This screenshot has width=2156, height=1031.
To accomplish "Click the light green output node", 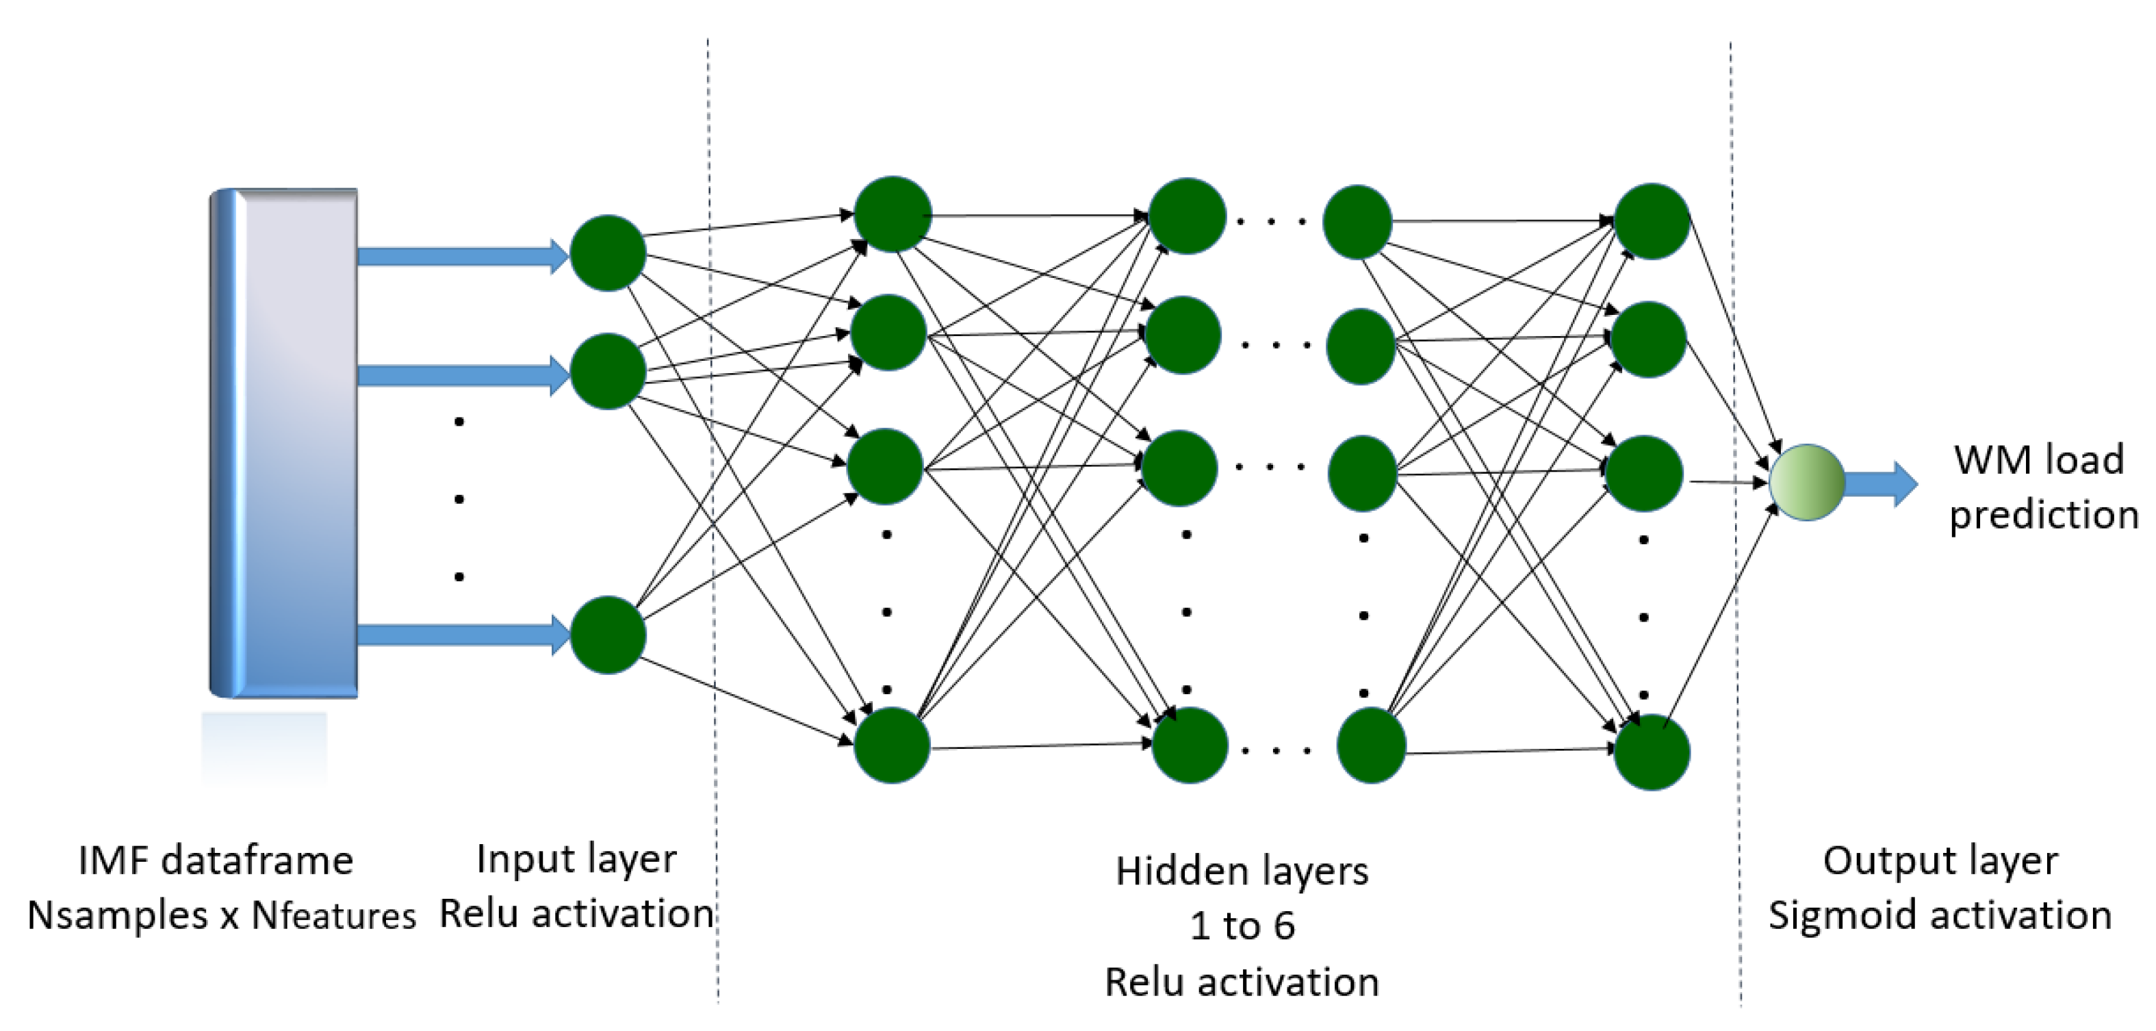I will (x=1807, y=482).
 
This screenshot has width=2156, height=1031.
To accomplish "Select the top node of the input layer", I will (x=608, y=253).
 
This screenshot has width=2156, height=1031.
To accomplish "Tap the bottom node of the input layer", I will (x=608, y=635).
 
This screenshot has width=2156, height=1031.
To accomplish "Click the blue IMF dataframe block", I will (x=285, y=444).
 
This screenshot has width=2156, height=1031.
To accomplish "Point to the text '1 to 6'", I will (x=1242, y=926).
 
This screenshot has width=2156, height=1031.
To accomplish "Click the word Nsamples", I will (x=117, y=915).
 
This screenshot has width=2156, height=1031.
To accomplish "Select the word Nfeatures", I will (x=334, y=915).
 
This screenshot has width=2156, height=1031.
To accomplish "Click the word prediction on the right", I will (x=2043, y=515).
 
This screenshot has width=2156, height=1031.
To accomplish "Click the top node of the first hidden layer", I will (x=893, y=214).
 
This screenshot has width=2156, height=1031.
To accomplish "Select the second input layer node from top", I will (x=608, y=371).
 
